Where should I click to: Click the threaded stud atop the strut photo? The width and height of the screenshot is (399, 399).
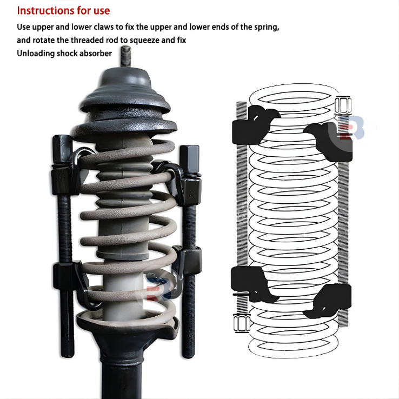pyautogui.click(x=126, y=56)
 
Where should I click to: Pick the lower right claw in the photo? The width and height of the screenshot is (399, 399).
pyautogui.click(x=187, y=262)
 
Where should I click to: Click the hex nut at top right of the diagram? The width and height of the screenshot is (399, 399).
pyautogui.click(x=343, y=105)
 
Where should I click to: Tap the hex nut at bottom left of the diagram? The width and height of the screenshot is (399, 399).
pyautogui.click(x=242, y=323)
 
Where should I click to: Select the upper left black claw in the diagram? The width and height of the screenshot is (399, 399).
pyautogui.click(x=255, y=125)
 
